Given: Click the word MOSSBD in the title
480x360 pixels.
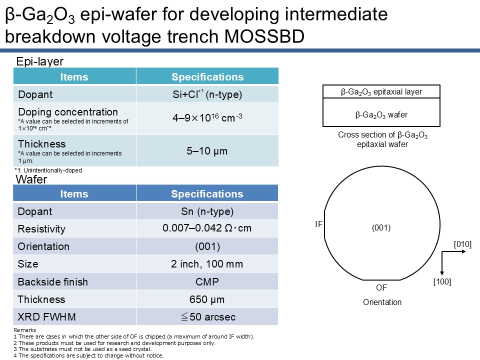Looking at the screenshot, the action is (x=264, y=36).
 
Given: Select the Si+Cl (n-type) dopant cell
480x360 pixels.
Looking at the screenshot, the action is (x=207, y=94).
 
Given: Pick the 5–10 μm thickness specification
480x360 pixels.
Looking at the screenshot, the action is (x=207, y=150).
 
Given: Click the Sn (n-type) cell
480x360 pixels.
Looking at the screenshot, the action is (x=207, y=211).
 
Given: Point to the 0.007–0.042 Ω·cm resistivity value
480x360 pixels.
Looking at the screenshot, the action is (x=207, y=228).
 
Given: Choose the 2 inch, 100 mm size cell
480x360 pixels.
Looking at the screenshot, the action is (x=207, y=264).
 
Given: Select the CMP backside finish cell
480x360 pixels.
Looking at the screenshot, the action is (x=207, y=281).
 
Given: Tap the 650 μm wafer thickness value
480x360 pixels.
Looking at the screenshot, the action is (x=207, y=299).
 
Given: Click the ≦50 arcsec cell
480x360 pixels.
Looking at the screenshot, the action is (x=207, y=316).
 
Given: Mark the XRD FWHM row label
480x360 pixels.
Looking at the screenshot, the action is (x=46, y=317).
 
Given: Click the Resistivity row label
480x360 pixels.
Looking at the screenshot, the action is (x=41, y=229).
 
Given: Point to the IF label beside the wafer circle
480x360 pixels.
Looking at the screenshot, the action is (x=318, y=224).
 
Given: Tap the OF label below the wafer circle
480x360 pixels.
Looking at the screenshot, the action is (x=381, y=288).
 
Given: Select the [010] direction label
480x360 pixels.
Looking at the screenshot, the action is (x=462, y=244).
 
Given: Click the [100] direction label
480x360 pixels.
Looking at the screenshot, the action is (x=442, y=281).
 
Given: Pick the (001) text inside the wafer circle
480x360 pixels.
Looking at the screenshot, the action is (x=381, y=228).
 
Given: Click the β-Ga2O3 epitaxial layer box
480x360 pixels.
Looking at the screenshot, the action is (x=381, y=91).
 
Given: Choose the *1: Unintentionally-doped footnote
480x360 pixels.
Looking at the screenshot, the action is (x=48, y=170).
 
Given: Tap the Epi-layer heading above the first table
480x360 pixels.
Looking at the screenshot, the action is (x=40, y=61).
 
